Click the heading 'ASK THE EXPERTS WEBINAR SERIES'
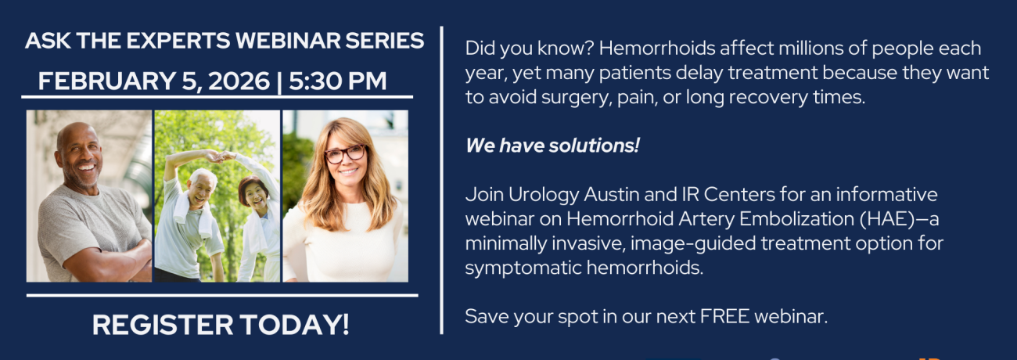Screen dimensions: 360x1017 (225, 41)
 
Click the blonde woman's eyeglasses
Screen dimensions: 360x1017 (345, 154)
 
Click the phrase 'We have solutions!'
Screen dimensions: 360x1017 (552, 146)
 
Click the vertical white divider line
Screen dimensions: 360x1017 (443, 180)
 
